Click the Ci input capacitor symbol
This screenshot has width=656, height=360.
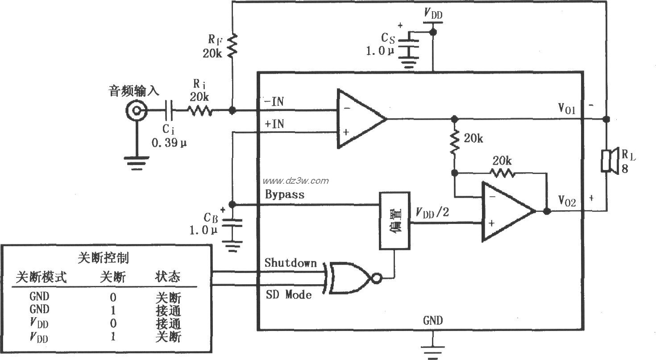(170, 110)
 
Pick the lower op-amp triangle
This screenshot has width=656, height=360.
(507, 212)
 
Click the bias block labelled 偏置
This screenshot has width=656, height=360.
(394, 220)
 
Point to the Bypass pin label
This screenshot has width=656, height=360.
(285, 194)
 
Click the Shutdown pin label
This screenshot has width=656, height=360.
(290, 263)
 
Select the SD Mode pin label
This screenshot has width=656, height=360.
(288, 294)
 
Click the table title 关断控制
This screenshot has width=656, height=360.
(104, 258)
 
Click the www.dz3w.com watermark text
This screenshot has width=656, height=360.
(295, 181)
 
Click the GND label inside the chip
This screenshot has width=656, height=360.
(432, 320)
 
